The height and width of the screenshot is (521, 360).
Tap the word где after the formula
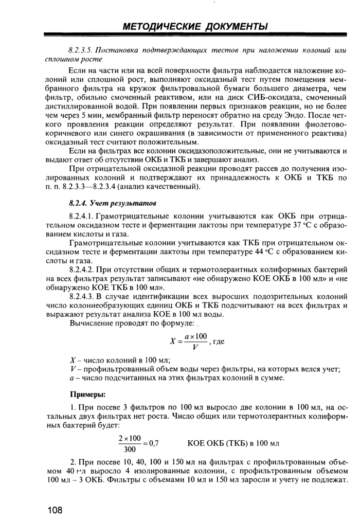[x=219, y=341]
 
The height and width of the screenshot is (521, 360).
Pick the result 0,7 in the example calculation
[x=153, y=443]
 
